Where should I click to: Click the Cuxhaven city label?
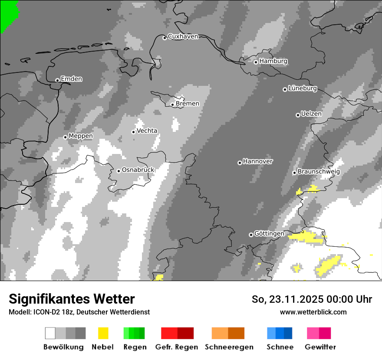pyautogui.click(x=183, y=36)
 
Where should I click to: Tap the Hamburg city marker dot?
pyautogui.click(x=256, y=62)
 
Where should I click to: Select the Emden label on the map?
pyautogui.click(x=71, y=79)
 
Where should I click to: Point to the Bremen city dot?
pyautogui.click(x=172, y=105)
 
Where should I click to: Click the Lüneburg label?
pyautogui.click(x=303, y=88)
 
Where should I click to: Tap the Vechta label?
pyautogui.click(x=147, y=131)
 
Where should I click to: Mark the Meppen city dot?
pyautogui.click(x=66, y=137)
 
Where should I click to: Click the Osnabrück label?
pyautogui.click(x=138, y=170)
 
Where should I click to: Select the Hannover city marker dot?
pyautogui.click(x=240, y=163)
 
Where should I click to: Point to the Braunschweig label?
pyautogui.click(x=319, y=171)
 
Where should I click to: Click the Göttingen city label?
pyautogui.click(x=269, y=233)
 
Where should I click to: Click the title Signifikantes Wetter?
pyautogui.click(x=72, y=299)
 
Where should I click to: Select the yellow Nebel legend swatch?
pyautogui.click(x=103, y=333)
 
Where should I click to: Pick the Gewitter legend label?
pyautogui.click(x=320, y=347)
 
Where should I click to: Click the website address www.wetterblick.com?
pyautogui.click(x=313, y=312)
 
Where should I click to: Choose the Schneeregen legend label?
pyautogui.click(x=229, y=347)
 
